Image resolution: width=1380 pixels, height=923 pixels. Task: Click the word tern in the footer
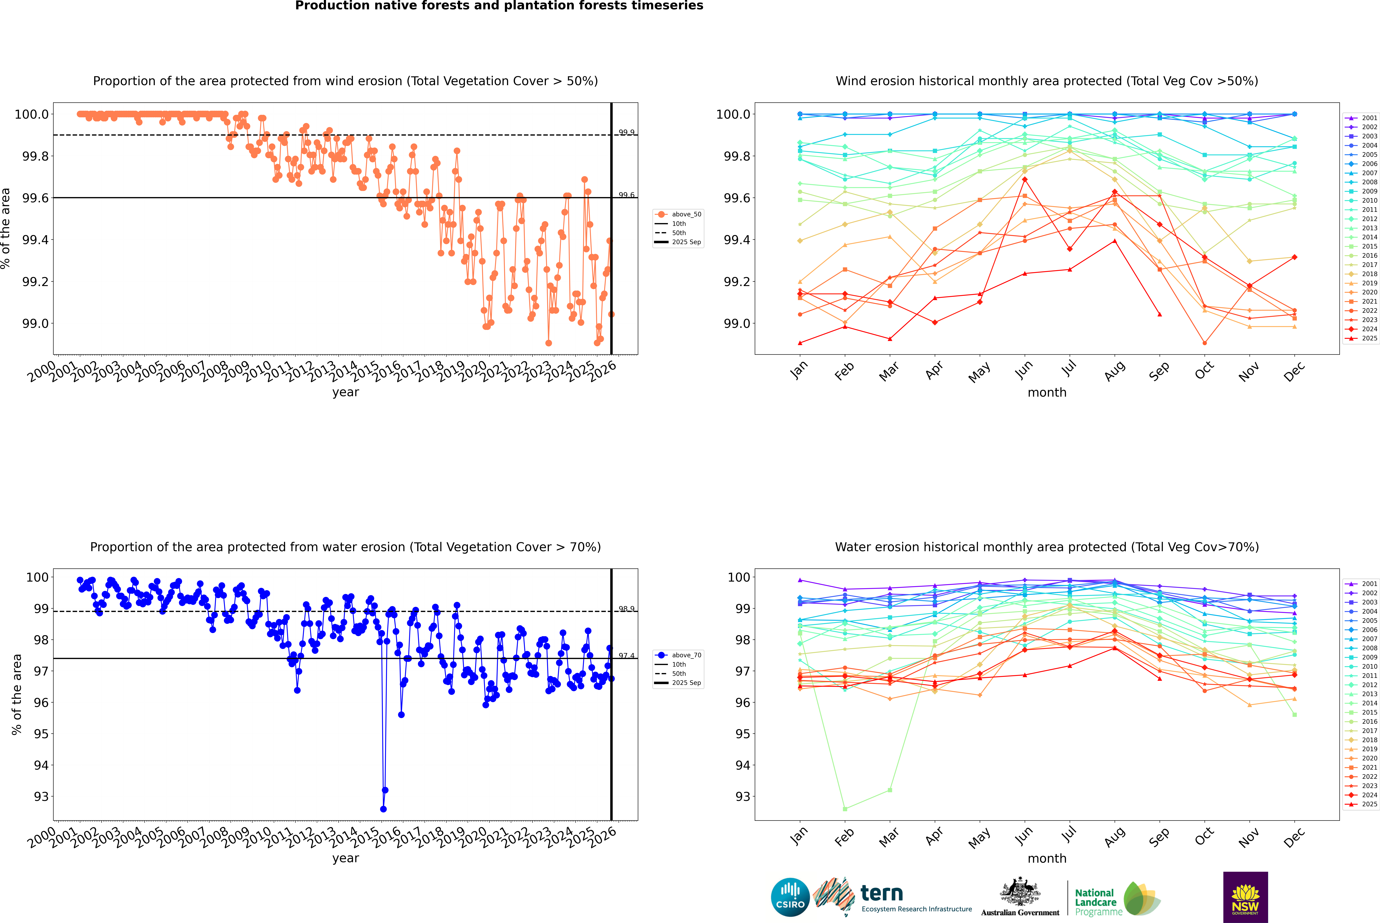click(x=881, y=893)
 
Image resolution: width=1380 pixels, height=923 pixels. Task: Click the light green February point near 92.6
click(x=845, y=809)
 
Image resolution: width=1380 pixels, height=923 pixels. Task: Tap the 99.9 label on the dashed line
click(x=626, y=133)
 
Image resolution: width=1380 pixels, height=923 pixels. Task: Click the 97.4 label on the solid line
click(x=626, y=656)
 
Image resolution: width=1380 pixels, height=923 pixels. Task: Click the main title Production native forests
click(x=499, y=6)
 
